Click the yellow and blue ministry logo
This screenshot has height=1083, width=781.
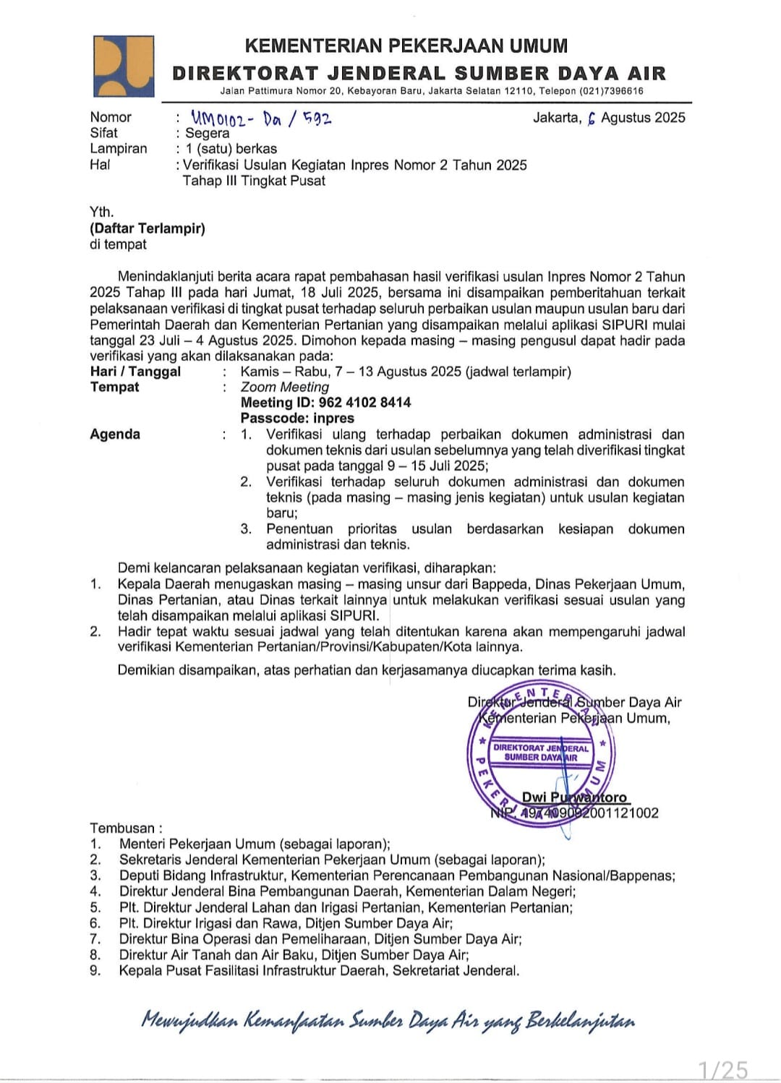tap(123, 66)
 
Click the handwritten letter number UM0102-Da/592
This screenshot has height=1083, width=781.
tap(261, 117)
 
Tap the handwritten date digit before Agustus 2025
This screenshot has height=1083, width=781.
tap(591, 119)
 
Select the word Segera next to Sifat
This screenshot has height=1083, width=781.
tap(207, 133)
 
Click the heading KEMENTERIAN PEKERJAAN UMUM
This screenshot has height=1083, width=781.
tap(406, 46)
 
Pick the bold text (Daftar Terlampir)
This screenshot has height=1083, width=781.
tap(148, 228)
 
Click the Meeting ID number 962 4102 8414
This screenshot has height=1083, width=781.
tap(365, 403)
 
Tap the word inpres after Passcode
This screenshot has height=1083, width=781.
tap(334, 419)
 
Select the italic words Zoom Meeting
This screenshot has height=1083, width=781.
tap(285, 387)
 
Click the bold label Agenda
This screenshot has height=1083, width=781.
tap(115, 435)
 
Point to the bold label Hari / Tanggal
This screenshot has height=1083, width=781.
tap(135, 372)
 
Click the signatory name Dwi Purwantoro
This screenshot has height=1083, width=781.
tap(574, 797)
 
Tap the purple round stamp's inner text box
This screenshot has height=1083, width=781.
tap(541, 753)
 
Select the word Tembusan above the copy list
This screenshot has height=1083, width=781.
tap(122, 828)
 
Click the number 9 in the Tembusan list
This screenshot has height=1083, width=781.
tap(95, 971)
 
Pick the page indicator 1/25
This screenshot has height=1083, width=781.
tap(722, 1069)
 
